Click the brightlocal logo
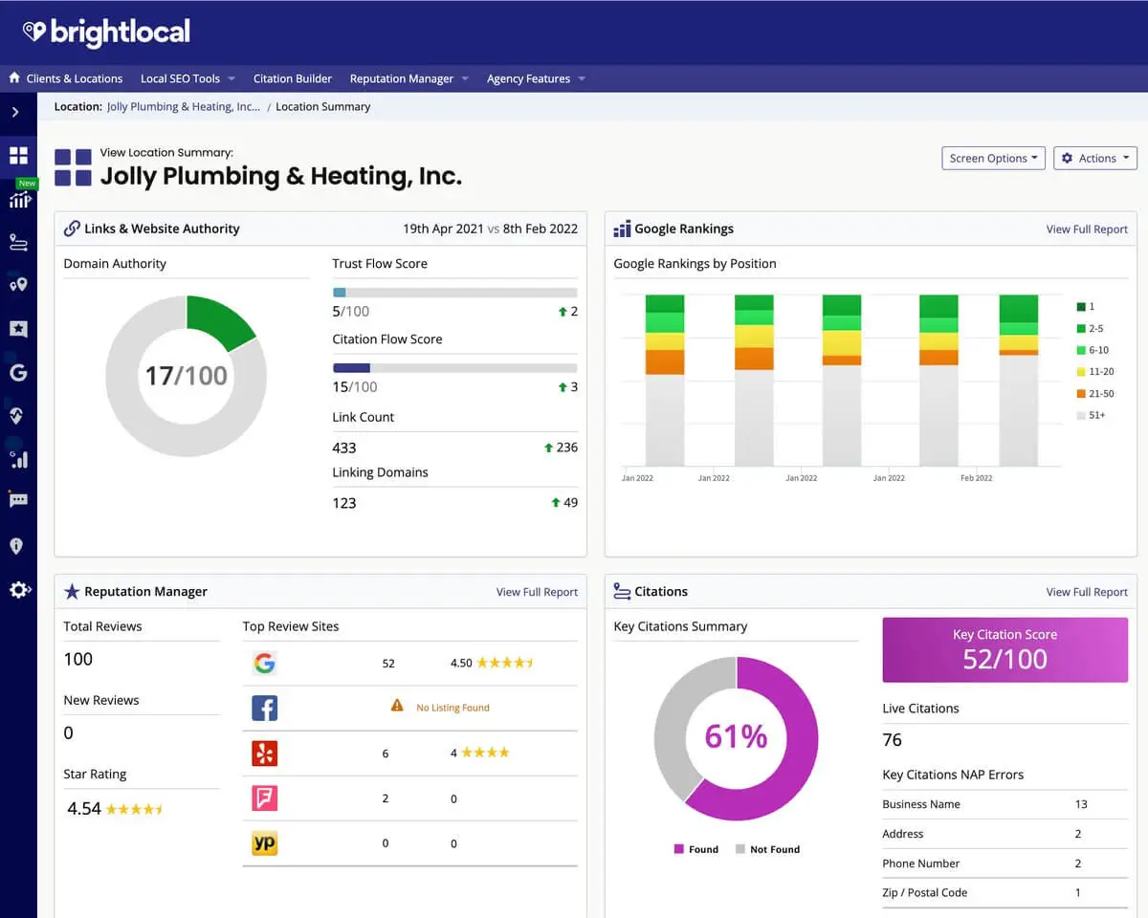click(106, 32)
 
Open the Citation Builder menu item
click(293, 78)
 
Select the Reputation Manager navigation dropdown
click(408, 78)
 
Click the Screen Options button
click(994, 159)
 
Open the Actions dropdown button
click(1095, 159)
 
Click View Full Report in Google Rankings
click(1086, 229)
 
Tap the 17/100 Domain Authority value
click(186, 375)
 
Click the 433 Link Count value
click(344, 448)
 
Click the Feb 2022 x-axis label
click(976, 478)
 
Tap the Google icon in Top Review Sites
click(265, 663)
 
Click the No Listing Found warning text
click(453, 708)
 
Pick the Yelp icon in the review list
click(265, 754)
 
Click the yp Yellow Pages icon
click(265, 843)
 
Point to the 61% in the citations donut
click(736, 736)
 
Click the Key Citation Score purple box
click(1004, 649)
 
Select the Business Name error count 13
click(1081, 804)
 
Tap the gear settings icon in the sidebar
click(18, 590)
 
